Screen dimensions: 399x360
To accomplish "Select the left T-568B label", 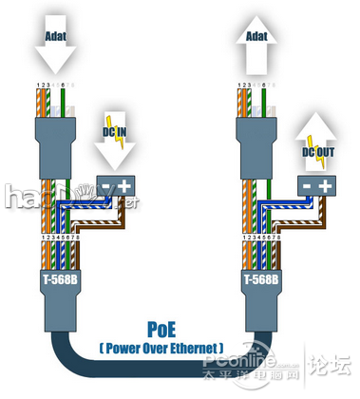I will click(56, 282).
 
